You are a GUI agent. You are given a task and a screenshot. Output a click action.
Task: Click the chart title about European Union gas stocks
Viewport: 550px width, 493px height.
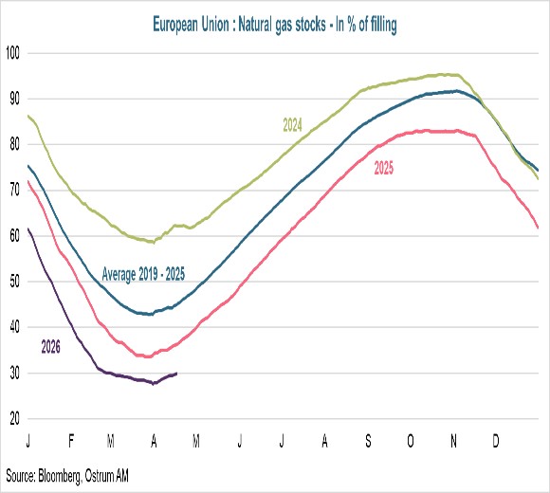point(275,27)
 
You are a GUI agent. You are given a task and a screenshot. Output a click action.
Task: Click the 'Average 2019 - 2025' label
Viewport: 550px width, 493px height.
point(143,275)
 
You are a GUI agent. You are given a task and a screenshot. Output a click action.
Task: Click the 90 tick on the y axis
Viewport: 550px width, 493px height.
point(12,99)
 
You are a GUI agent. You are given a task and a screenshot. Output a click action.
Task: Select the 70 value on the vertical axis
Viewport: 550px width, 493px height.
point(12,190)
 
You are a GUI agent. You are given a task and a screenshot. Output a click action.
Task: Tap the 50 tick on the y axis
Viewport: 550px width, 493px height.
point(12,282)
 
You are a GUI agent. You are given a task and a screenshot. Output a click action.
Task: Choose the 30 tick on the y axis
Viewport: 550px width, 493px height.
point(12,374)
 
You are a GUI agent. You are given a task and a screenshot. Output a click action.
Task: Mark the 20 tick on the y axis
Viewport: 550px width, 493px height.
point(12,419)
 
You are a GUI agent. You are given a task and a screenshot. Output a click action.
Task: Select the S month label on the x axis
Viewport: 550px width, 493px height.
point(368,442)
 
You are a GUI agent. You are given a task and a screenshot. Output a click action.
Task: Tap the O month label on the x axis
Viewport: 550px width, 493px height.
point(411,442)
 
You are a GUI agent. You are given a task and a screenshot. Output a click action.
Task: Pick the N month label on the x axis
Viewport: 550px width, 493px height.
point(454,442)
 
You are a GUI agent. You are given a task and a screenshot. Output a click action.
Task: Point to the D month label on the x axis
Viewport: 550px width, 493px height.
point(496,442)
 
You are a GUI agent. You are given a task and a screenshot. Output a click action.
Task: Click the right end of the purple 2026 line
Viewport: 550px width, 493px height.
point(177,374)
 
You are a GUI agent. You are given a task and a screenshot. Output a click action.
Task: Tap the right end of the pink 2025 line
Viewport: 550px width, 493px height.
point(539,228)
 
